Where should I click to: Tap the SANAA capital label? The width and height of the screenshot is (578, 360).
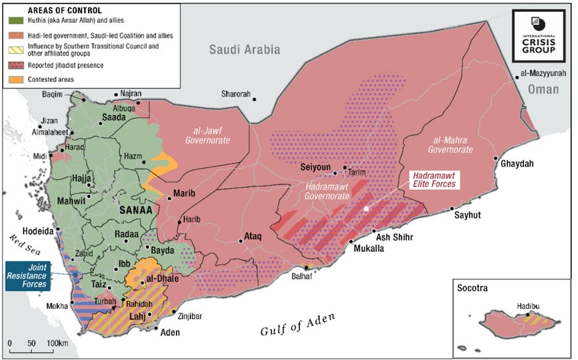coord(136,210)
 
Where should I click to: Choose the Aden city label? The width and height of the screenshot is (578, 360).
coord(169,332)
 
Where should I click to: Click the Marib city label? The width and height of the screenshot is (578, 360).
coord(185,193)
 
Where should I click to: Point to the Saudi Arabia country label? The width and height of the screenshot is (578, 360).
coord(245,50)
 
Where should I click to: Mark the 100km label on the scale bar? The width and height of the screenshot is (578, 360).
coord(58,344)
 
